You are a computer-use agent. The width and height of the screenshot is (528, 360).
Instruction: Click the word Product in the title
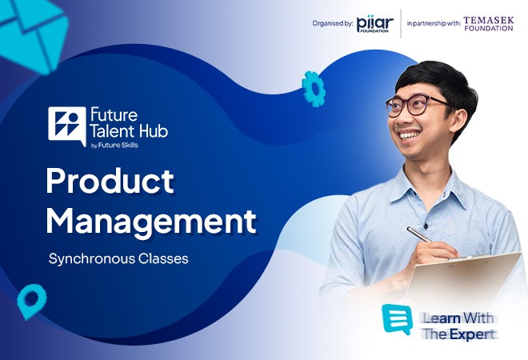click(110, 181)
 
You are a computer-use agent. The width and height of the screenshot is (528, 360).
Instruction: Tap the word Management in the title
click(151, 222)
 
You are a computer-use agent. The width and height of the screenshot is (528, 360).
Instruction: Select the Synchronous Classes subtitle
click(118, 259)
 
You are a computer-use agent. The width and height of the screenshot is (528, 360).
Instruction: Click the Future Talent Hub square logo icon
click(67, 126)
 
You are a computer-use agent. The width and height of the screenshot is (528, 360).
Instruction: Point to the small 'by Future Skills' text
click(114, 146)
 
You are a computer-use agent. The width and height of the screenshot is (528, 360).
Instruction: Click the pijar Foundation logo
click(374, 25)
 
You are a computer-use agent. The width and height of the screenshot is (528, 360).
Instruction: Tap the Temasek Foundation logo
click(489, 24)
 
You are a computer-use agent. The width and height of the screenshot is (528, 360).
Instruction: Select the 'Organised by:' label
click(333, 23)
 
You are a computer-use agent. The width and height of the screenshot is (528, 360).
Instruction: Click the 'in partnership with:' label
click(434, 23)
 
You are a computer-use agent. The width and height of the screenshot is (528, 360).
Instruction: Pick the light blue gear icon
click(314, 89)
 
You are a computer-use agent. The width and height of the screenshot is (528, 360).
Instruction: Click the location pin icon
click(31, 301)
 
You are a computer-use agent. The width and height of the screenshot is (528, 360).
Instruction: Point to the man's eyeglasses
click(418, 104)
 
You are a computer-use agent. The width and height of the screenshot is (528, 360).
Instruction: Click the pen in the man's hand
click(419, 234)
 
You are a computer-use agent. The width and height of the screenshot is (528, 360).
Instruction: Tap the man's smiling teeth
click(409, 135)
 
